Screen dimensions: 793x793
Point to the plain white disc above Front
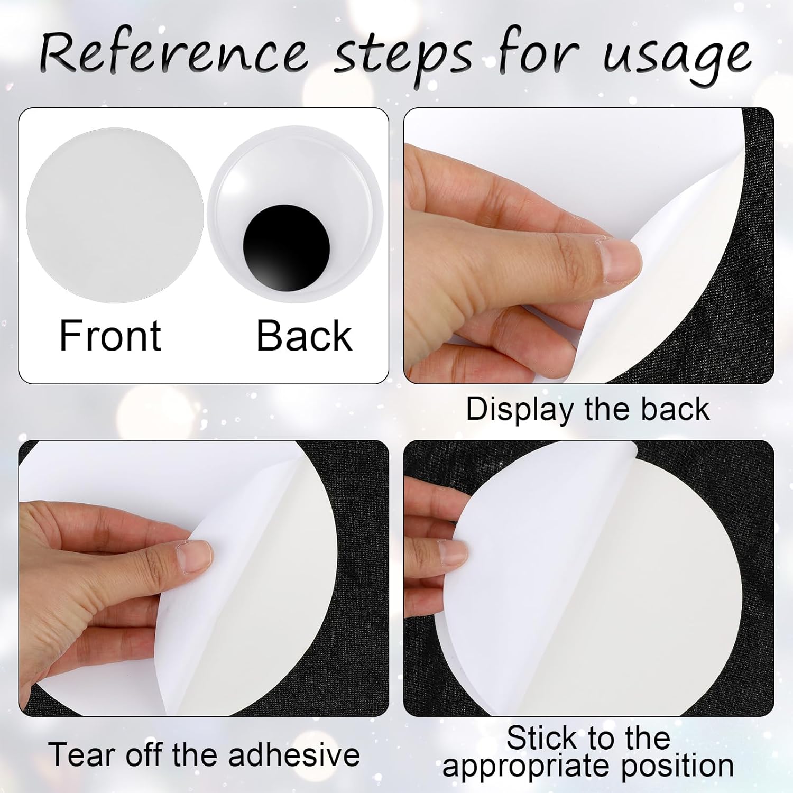pyautogui.click(x=115, y=215)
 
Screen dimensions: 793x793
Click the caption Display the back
pyautogui.click(x=587, y=409)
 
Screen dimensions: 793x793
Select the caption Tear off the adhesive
pyautogui.click(x=204, y=754)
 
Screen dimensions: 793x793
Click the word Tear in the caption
pyautogui.click(x=81, y=754)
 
